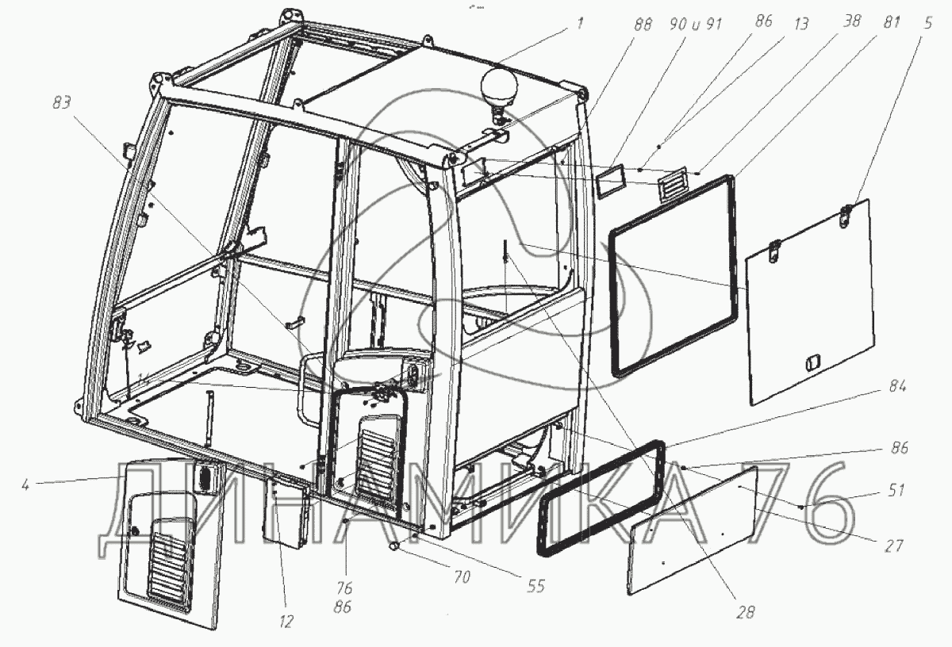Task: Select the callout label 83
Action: pos(63,102)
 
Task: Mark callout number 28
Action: pos(745,612)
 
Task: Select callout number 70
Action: pos(462,577)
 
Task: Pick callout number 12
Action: pos(286,622)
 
